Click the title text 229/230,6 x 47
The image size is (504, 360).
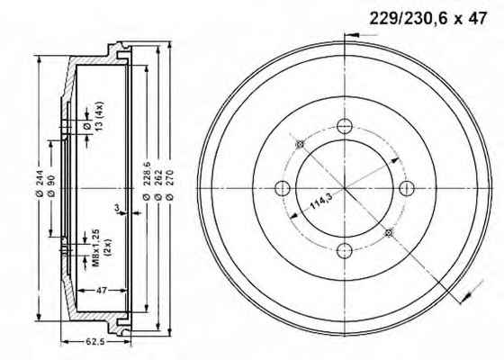tap(427, 18)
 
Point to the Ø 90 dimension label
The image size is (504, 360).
tap(51, 186)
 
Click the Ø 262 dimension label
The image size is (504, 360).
tap(158, 184)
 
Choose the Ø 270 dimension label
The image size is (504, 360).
tap(170, 184)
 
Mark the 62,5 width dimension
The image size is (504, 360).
tap(95, 341)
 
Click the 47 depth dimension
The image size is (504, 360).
tap(102, 290)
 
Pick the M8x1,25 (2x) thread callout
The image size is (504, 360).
tap(102, 247)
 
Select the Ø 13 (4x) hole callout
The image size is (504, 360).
tap(94, 116)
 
